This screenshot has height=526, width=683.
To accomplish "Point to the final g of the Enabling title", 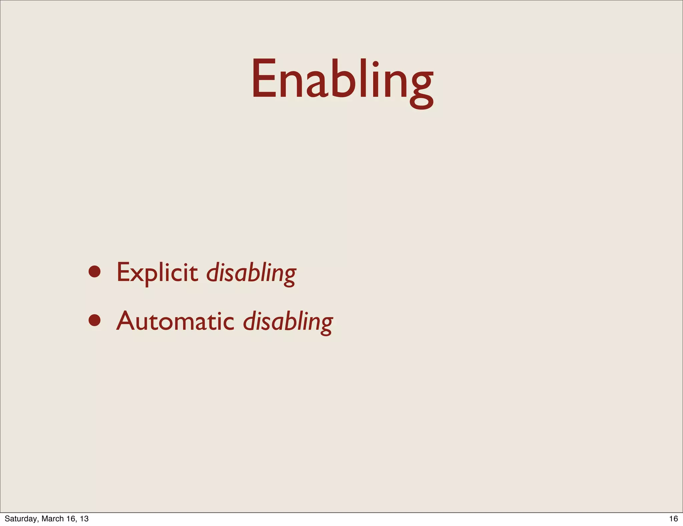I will [x=421, y=88].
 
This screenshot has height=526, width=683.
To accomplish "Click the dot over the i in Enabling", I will [x=376, y=64].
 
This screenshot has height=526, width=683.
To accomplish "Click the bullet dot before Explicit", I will [x=95, y=272].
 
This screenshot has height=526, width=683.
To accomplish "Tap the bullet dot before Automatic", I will [x=95, y=320].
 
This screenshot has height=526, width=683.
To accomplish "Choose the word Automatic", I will [x=175, y=321].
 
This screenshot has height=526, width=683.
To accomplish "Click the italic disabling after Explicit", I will [x=251, y=273].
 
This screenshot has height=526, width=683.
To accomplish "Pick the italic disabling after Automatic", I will [x=288, y=322].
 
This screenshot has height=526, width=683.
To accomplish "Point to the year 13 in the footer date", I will [x=84, y=518].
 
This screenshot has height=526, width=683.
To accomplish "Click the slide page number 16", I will [x=673, y=518].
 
